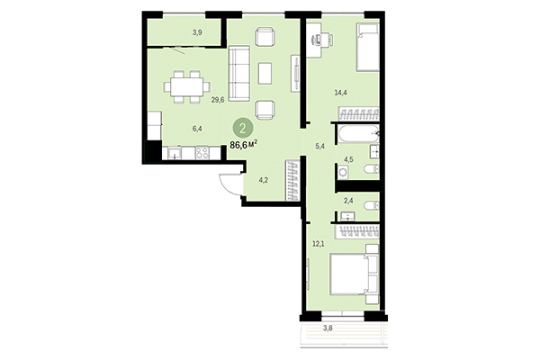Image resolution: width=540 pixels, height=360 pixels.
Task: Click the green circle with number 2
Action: pos(241,127)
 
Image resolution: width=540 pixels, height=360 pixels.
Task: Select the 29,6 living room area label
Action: pos(217,100)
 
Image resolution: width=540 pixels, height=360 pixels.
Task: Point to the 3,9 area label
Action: pos(197,32)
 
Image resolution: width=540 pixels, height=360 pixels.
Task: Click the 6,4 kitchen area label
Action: pos(197,129)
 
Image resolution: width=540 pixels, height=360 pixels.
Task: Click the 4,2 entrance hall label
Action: pos(264,178)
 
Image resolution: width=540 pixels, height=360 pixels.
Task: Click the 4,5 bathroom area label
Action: pos(346,162)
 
